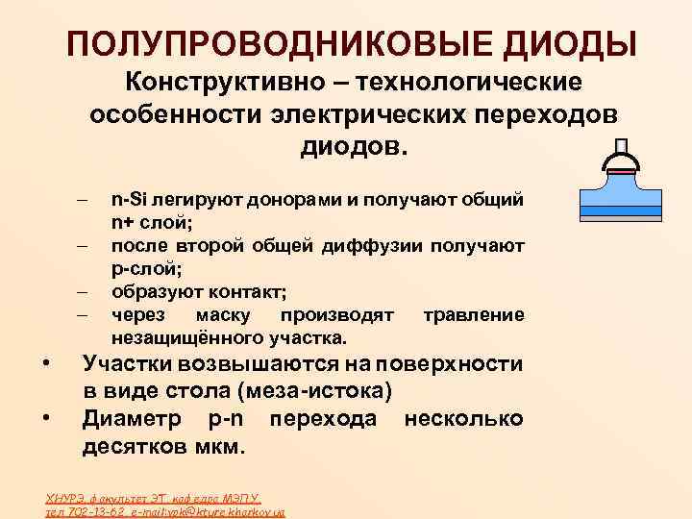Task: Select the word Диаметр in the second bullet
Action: point(136,419)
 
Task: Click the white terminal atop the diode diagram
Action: point(621,147)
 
